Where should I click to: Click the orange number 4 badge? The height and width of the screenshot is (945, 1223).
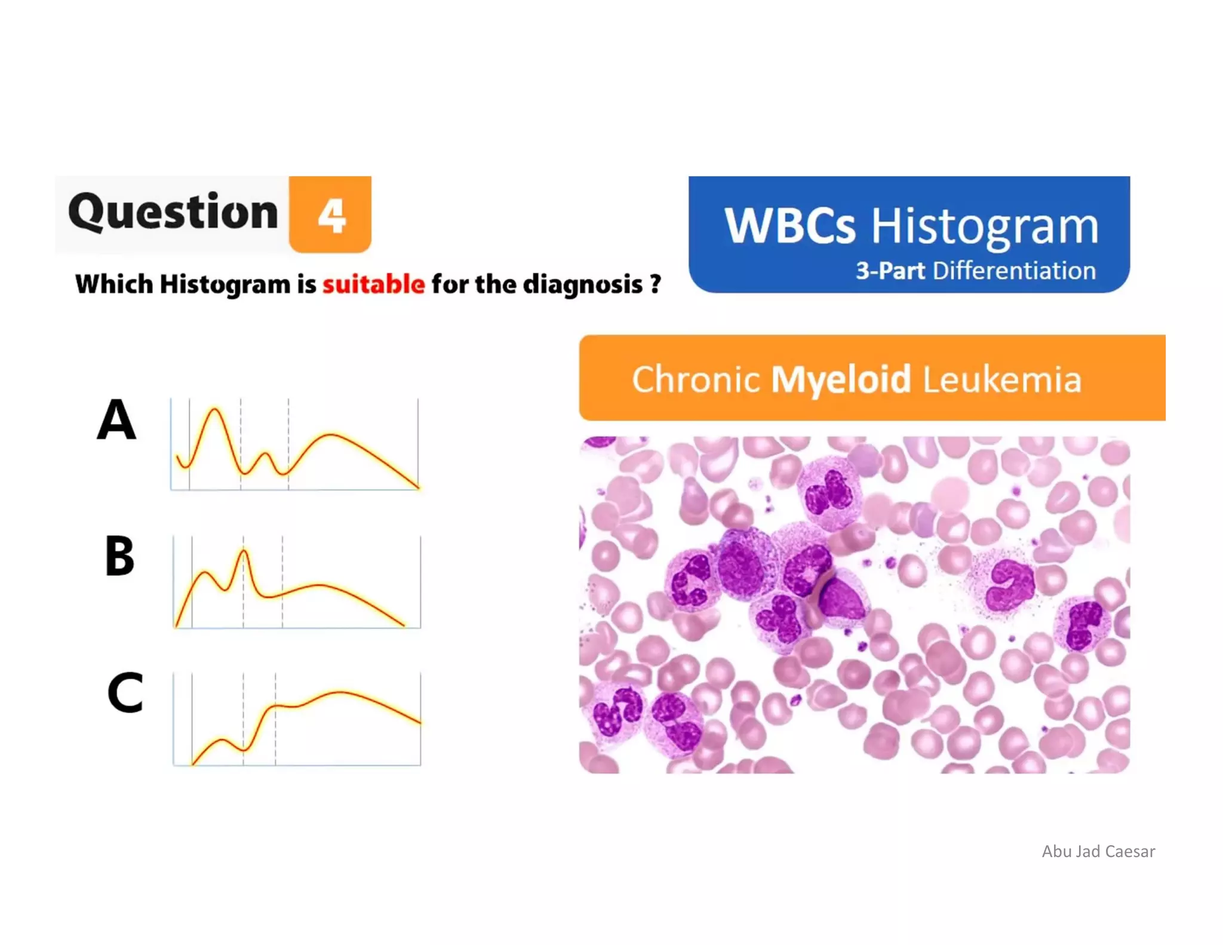tap(330, 214)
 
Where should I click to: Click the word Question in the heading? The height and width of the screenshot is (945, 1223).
tap(173, 212)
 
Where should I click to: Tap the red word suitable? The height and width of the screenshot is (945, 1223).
tap(374, 284)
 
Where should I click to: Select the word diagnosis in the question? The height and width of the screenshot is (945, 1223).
tap(583, 285)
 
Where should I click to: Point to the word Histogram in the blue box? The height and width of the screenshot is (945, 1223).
tap(984, 227)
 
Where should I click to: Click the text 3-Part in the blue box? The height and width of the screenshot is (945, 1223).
tap(890, 271)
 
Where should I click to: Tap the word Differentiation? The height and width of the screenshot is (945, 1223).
tap(1014, 271)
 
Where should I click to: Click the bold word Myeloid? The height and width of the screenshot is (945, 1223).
tap(841, 379)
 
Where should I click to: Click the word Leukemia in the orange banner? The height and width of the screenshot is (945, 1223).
tap(1002, 379)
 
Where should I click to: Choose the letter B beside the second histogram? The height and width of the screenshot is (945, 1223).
tap(119, 556)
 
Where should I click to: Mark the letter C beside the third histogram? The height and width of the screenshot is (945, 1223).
tap(125, 692)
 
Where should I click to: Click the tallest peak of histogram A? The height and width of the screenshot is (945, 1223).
tap(214, 410)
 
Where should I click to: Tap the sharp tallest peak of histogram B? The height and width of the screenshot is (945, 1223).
tap(243, 551)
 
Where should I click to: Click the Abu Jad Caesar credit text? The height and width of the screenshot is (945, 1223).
tap(1098, 851)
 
